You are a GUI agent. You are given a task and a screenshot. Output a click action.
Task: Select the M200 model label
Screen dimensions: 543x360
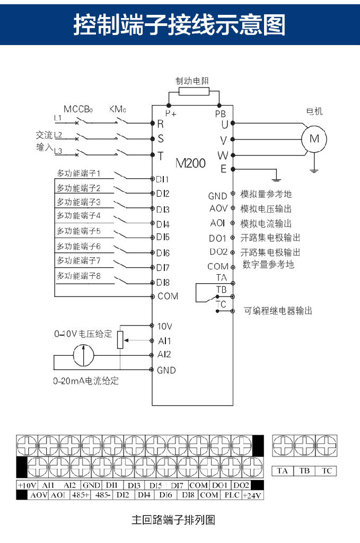coord(190,163)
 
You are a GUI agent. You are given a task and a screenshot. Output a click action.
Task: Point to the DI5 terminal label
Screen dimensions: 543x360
coord(163,237)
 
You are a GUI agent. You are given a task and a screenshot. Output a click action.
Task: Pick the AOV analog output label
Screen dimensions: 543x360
coord(218,209)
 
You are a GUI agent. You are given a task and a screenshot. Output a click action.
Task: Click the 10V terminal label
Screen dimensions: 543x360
coord(164,326)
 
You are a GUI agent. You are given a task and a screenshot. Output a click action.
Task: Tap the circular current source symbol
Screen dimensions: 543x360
coord(83,354)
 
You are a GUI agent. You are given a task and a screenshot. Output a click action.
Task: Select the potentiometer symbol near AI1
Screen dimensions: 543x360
coord(120,339)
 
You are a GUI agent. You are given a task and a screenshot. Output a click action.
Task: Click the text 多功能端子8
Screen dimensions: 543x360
coord(79,276)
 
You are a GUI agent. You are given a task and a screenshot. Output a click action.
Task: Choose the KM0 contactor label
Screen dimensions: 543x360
coord(118,109)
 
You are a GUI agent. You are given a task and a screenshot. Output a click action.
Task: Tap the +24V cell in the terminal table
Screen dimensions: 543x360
coord(253,495)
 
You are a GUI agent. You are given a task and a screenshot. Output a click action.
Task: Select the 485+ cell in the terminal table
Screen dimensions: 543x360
coord(81,495)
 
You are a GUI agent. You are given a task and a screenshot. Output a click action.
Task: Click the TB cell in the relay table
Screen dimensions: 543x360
coord(304,470)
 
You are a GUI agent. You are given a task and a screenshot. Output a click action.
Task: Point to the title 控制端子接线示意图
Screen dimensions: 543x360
coord(179,24)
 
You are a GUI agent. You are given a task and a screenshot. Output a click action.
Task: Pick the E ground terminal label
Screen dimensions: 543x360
coord(223,170)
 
